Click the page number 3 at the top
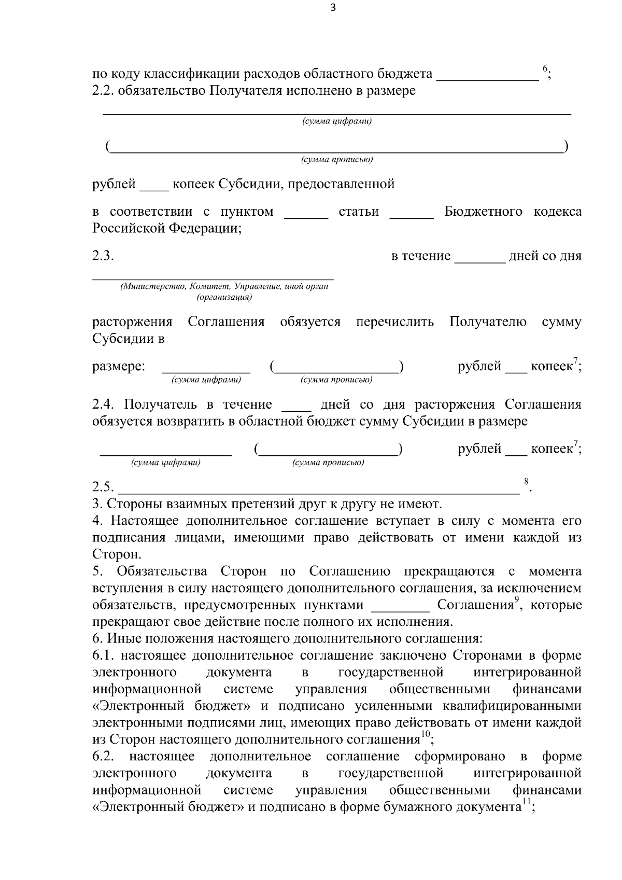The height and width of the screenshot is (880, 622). (333, 8)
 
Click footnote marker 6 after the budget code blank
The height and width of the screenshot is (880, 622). (545, 68)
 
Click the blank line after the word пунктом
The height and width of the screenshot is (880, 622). (306, 216)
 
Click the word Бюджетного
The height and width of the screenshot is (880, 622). (483, 212)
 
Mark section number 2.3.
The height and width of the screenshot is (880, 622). (103, 256)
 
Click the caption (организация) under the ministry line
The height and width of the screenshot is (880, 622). (224, 298)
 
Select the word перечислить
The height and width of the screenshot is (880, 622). (395, 322)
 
